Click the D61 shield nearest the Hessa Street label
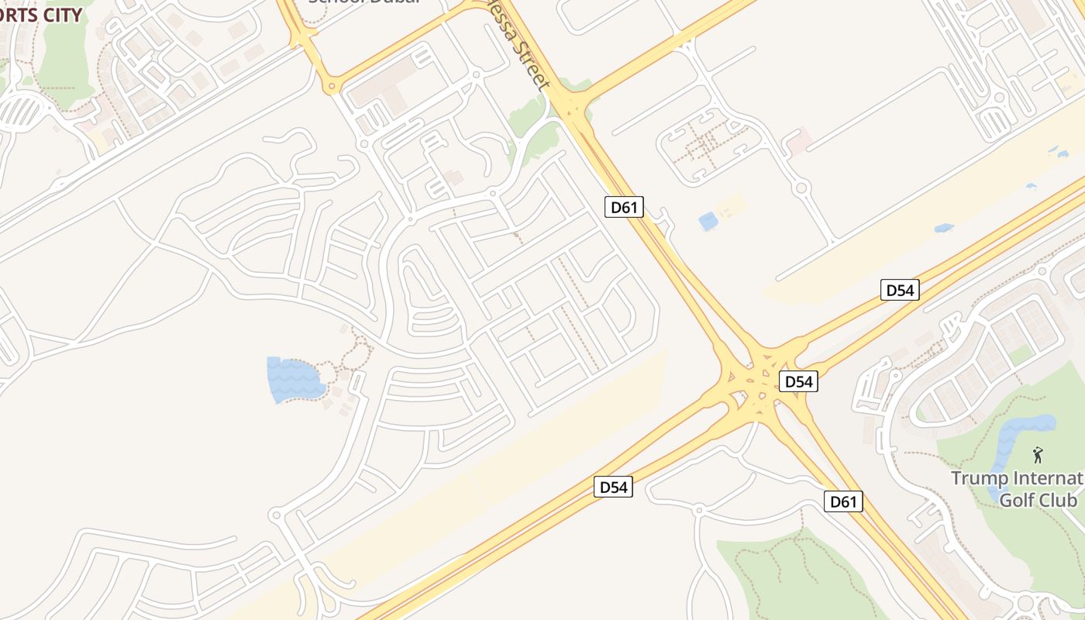[624, 207]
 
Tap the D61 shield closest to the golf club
[843, 501]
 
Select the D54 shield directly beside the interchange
[798, 381]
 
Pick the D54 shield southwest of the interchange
[613, 487]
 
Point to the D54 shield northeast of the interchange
[900, 291]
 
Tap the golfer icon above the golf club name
[1038, 455]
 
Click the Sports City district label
[39, 15]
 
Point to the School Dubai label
[364, 2]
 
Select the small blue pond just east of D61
[708, 221]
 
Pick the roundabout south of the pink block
[801, 188]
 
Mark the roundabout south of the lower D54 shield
[698, 509]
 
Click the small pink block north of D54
[798, 140]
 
